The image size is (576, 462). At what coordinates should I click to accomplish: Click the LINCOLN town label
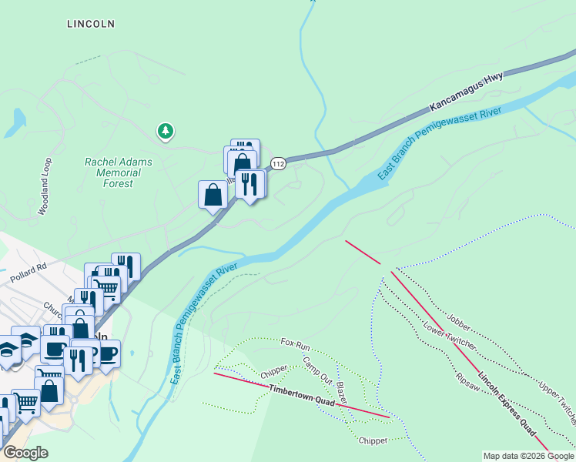pyautogui.click(x=91, y=24)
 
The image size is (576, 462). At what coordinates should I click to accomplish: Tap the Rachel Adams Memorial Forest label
pyautogui.click(x=119, y=173)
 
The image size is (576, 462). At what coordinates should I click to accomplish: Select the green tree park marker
pyautogui.click(x=165, y=132)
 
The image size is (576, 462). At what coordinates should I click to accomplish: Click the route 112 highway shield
pyautogui.click(x=278, y=163)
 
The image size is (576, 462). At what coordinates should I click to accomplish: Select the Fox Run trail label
pyautogui.click(x=295, y=342)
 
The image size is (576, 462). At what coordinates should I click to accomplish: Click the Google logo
pyautogui.click(x=25, y=453)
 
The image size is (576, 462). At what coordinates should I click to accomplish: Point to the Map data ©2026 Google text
pyautogui.click(x=528, y=456)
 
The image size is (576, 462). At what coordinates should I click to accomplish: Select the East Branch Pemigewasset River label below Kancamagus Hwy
pyautogui.click(x=439, y=145)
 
